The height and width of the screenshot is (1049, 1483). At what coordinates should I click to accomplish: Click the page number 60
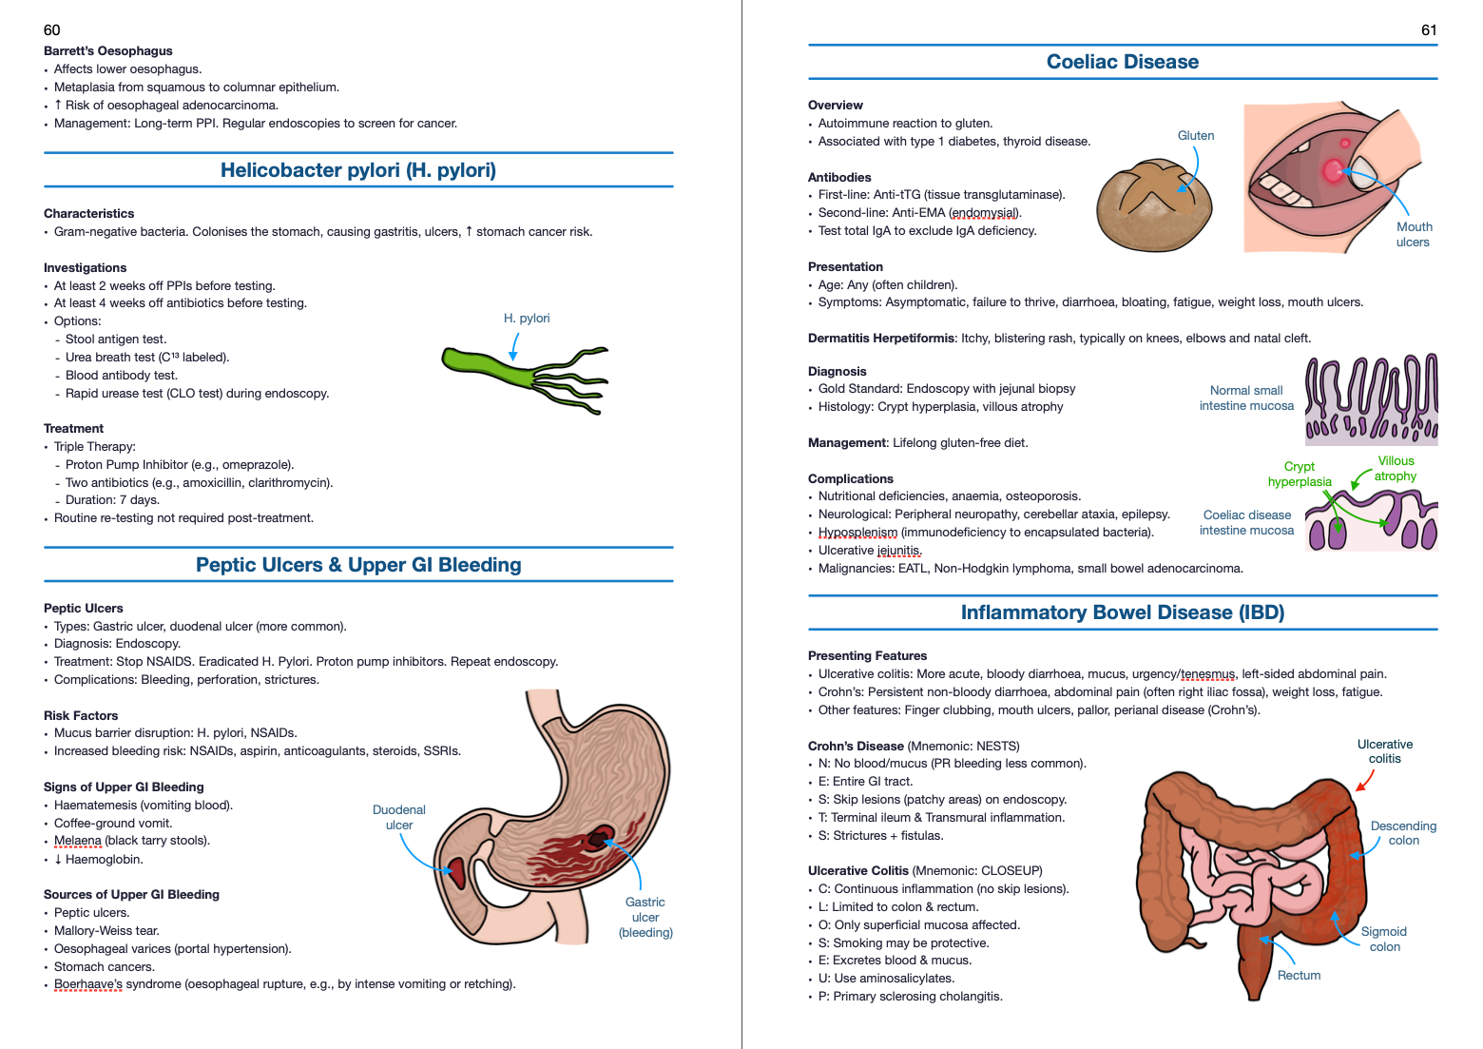pos(52,29)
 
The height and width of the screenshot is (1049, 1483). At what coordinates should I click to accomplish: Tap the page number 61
pos(1429,29)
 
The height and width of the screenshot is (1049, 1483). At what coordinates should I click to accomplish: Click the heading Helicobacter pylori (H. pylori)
pos(358,170)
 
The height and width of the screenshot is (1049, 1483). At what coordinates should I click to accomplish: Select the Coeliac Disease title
pos(1123,62)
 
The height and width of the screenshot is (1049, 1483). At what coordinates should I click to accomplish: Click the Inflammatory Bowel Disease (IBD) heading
pos(1123,612)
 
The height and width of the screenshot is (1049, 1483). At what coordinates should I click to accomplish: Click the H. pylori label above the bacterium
pos(527,318)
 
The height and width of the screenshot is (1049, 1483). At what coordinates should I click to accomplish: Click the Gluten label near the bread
pos(1196,135)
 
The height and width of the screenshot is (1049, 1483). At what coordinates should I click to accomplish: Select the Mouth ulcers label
pos(1414,234)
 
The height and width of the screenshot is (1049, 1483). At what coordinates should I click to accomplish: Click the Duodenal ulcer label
pos(399,817)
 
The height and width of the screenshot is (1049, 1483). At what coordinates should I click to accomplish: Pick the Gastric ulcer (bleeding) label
pos(645,917)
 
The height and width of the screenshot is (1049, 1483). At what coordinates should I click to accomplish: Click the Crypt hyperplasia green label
pos(1300,474)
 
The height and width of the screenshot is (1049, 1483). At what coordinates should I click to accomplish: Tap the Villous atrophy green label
pos(1396,468)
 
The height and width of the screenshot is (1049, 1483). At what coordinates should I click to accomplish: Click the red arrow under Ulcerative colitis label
pos(1365,780)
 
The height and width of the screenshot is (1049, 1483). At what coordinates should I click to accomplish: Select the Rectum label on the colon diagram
pos(1299,975)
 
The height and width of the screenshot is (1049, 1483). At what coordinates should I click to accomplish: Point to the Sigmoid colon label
pos(1384,939)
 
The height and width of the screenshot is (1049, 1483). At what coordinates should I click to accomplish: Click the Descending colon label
pos(1403,832)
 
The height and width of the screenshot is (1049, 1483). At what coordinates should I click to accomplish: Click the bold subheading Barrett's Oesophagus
pos(108,50)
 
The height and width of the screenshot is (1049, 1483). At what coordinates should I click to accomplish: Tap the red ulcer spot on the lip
pos(1333,171)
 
